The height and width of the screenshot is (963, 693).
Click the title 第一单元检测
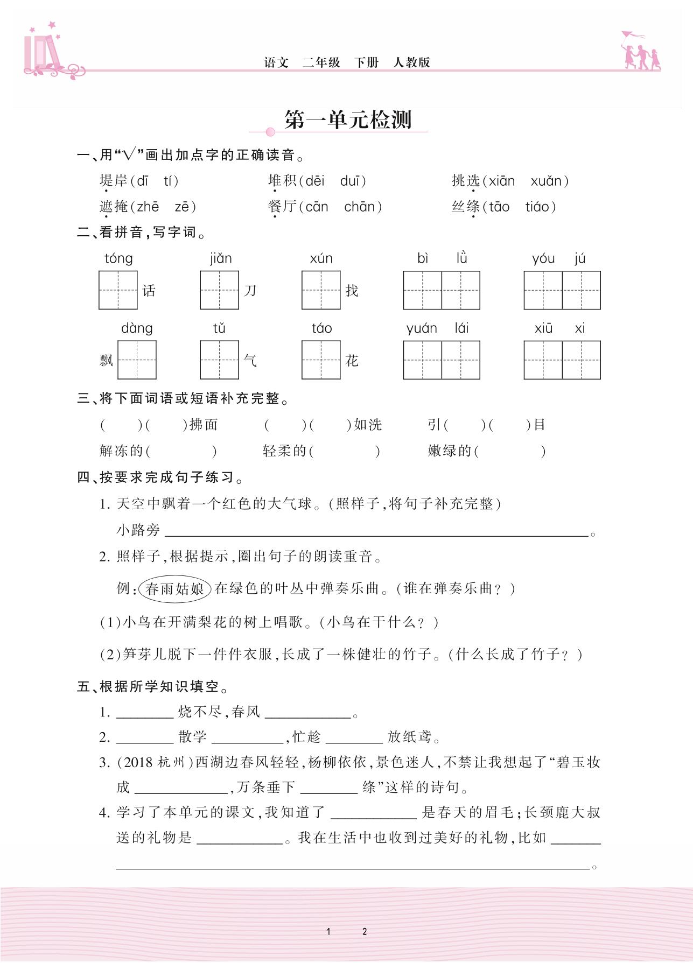tap(348, 120)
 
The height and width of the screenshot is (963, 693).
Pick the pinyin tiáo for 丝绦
tap(537, 207)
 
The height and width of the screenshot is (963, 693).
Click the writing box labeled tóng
tap(118, 290)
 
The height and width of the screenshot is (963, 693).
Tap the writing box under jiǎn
tap(219, 290)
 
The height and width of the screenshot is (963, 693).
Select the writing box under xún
tap(321, 290)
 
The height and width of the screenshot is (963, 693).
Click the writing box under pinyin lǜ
tap(461, 290)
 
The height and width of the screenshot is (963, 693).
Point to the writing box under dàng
tap(137, 360)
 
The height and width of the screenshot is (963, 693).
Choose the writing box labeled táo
tap(321, 360)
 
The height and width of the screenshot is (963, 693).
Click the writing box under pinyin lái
tap(461, 360)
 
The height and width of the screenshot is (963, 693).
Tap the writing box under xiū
tap(543, 360)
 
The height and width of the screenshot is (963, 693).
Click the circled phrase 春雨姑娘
tap(175, 589)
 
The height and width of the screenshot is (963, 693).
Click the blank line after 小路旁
tap(376, 532)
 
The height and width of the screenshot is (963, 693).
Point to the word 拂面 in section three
tap(204, 425)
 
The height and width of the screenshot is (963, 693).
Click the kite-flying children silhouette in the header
tap(640, 51)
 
